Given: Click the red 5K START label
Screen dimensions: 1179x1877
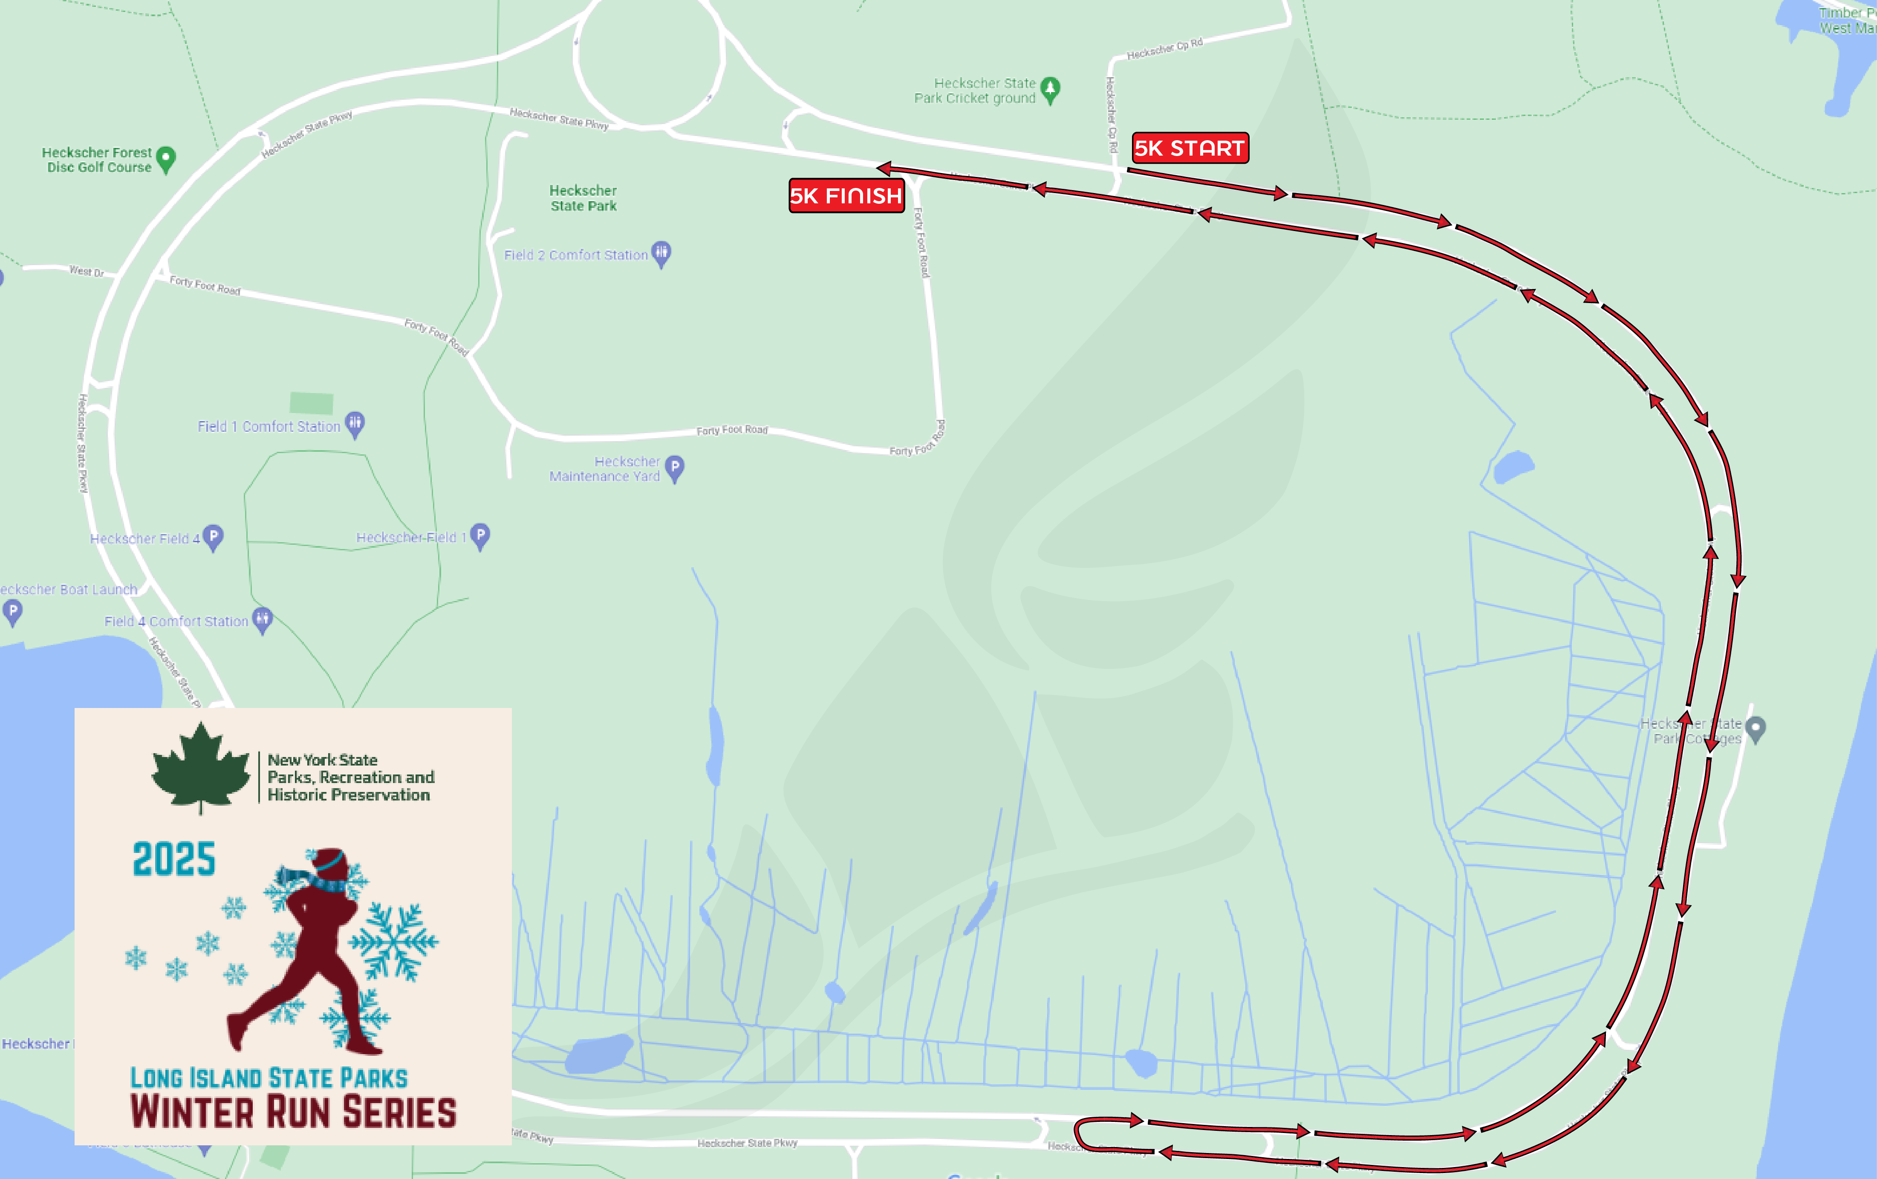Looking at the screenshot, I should click(x=1190, y=148).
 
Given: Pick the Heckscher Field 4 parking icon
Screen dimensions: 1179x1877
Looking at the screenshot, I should click(x=213, y=537).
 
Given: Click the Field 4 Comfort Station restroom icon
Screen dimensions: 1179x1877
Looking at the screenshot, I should click(x=263, y=620).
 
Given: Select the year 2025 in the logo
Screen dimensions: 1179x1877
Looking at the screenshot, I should click(x=174, y=859).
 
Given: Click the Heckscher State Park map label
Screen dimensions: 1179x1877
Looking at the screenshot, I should click(x=583, y=198).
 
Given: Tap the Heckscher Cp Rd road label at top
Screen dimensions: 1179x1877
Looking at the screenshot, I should click(x=1164, y=48).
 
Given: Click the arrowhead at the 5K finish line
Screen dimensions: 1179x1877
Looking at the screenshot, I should click(x=883, y=168).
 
